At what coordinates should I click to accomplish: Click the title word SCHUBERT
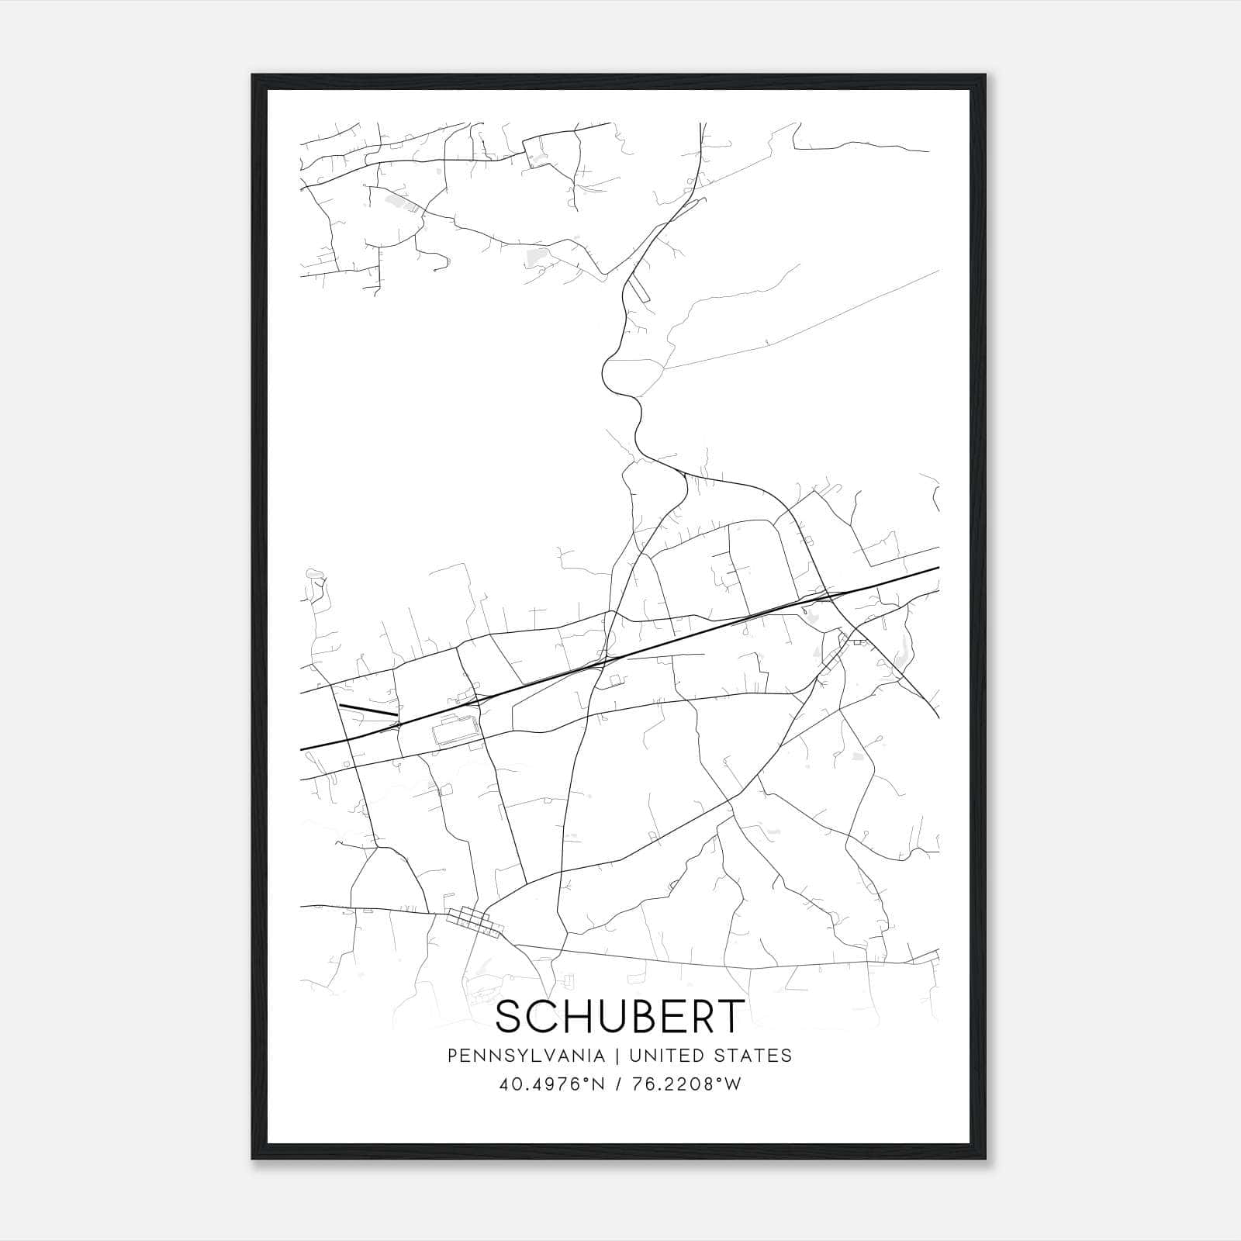(x=620, y=1017)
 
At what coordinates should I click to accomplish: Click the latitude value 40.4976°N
(x=550, y=1084)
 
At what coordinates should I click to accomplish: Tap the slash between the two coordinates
(x=617, y=1084)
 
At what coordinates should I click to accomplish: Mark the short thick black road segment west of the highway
(x=368, y=710)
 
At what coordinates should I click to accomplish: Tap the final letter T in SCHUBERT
(x=730, y=1017)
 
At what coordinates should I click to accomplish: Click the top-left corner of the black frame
(x=253, y=75)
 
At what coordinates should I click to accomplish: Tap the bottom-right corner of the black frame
(x=986, y=1159)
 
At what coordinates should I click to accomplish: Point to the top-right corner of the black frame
(x=986, y=75)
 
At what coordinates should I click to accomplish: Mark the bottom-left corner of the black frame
(x=253, y=1159)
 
